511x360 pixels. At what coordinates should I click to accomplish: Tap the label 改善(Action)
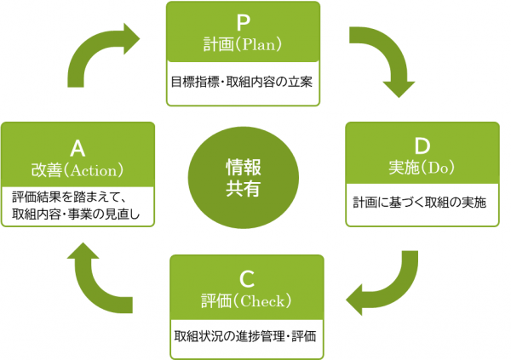coord(78,169)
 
